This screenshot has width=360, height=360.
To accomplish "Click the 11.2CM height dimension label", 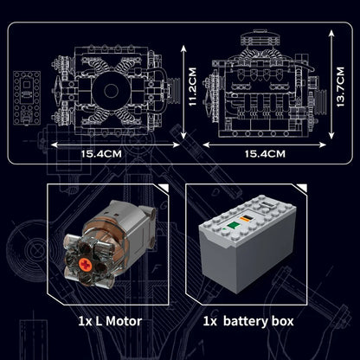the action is pyautogui.click(x=193, y=87).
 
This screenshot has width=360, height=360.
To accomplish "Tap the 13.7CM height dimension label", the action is pyautogui.click(x=340, y=87).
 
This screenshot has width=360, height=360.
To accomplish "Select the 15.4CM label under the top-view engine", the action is pyautogui.click(x=101, y=154).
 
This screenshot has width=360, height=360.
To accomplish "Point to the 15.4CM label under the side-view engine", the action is pyautogui.click(x=265, y=154).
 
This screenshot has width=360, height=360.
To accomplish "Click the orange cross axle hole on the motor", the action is pyautogui.click(x=85, y=263).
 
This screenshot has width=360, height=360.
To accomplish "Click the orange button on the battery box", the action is pyautogui.click(x=247, y=218).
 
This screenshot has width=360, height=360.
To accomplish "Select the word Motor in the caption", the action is pyautogui.click(x=124, y=321).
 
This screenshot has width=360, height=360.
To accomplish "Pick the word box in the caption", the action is pyautogui.click(x=282, y=321).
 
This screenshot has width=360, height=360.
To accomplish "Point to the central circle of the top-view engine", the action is pyautogui.click(x=111, y=91).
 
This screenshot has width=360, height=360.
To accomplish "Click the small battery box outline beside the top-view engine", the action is pyautogui.click(x=27, y=99).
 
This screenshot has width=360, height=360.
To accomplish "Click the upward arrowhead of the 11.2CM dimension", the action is pyautogui.click(x=183, y=48).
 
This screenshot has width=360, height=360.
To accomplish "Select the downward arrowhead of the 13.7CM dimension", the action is pyautogui.click(x=331, y=135).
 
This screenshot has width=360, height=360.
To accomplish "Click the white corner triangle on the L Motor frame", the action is pyautogui.click(x=164, y=187).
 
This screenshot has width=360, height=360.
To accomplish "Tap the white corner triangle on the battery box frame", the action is pyautogui.click(x=303, y=187).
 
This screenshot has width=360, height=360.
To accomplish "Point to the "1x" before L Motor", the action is pyautogui.click(x=85, y=321).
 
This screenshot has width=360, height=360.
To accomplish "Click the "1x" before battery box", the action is pyautogui.click(x=209, y=321).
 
